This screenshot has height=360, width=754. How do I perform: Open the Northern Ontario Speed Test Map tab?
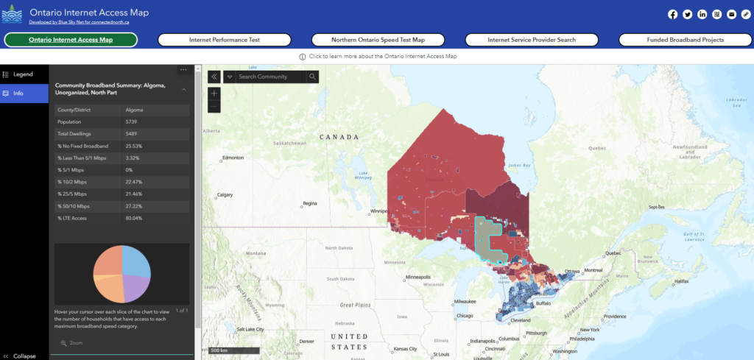[x=378, y=40]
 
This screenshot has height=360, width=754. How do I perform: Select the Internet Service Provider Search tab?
[x=532, y=40]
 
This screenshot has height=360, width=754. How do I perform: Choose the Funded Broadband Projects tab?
[x=685, y=40]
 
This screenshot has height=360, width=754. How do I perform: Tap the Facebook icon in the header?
[x=672, y=14]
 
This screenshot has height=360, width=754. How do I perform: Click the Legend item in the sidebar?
[x=23, y=74]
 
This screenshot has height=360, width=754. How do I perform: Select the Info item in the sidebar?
[x=18, y=93]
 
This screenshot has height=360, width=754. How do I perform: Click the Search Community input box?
[x=271, y=77]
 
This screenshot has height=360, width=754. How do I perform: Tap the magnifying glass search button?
[x=312, y=77]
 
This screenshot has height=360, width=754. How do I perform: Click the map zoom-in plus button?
[x=214, y=93]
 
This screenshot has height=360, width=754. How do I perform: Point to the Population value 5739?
[x=134, y=121]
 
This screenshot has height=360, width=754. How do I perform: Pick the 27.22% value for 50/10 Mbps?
[x=136, y=205]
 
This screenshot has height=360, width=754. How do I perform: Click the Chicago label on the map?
[x=465, y=316]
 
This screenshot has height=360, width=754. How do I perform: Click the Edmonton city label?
[x=233, y=158]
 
